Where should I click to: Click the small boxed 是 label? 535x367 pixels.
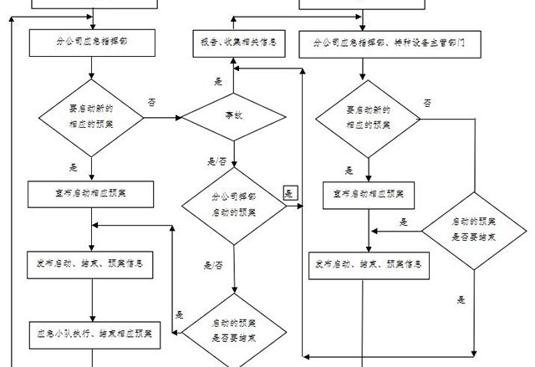point(289,193)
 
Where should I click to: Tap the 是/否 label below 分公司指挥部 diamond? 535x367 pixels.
point(213,265)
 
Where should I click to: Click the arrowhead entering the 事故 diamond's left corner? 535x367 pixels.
point(180,117)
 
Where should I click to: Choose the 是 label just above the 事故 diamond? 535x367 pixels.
point(219,81)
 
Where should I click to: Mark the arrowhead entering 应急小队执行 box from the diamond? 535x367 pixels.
point(159,332)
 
